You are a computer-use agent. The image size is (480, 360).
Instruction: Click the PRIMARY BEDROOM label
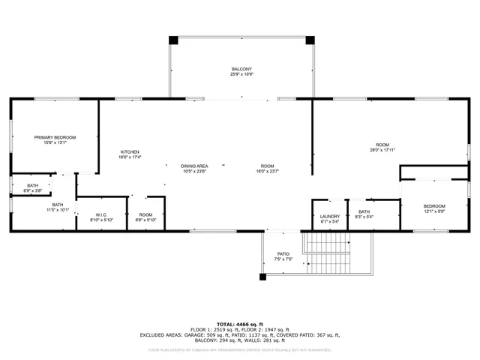click(x=55, y=137)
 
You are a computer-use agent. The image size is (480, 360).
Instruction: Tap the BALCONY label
click(x=241, y=69)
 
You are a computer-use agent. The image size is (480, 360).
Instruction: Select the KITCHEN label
click(x=130, y=152)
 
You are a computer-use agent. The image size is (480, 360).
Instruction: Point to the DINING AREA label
click(x=194, y=166)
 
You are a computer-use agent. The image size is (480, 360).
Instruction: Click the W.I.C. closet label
click(x=100, y=215)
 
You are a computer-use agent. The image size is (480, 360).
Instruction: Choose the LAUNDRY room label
click(x=330, y=216)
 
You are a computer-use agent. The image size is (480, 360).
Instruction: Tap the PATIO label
click(x=283, y=254)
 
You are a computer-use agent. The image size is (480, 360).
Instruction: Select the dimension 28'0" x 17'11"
click(x=382, y=150)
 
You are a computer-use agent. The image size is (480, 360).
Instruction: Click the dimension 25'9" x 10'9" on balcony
click(x=241, y=74)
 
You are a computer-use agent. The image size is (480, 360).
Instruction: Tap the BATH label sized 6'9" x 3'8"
click(x=33, y=185)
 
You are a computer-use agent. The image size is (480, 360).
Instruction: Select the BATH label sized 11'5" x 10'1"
click(x=58, y=204)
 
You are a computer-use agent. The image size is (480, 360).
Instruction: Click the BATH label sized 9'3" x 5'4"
click(x=364, y=211)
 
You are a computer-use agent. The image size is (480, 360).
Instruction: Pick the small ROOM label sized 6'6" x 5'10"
click(x=145, y=215)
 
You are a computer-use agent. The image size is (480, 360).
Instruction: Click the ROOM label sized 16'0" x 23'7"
click(x=268, y=166)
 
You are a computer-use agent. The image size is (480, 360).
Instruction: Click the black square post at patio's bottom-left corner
click(x=262, y=277)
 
